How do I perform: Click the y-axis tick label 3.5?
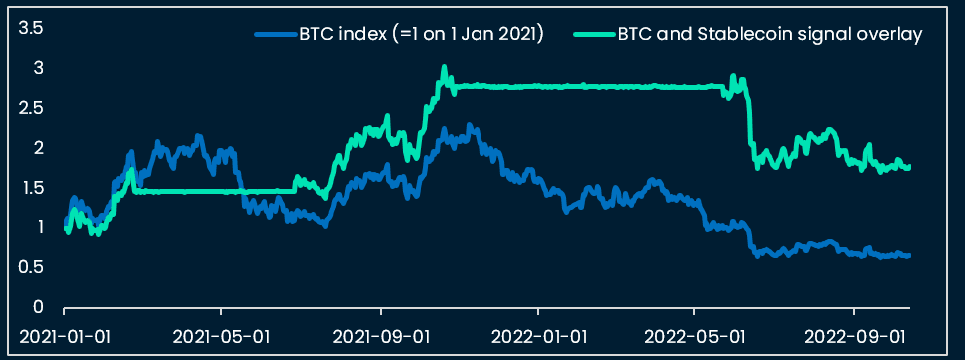tap(31, 28)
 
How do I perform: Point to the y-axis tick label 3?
tap(37, 68)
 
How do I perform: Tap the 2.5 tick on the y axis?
tap(31, 108)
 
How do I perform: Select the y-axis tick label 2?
tap(37, 148)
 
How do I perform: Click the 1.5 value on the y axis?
tap(31, 188)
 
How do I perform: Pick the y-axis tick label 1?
tap(38, 227)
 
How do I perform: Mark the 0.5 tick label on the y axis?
tap(31, 267)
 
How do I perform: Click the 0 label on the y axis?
tap(37, 307)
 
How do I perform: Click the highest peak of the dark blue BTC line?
tap(470, 126)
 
